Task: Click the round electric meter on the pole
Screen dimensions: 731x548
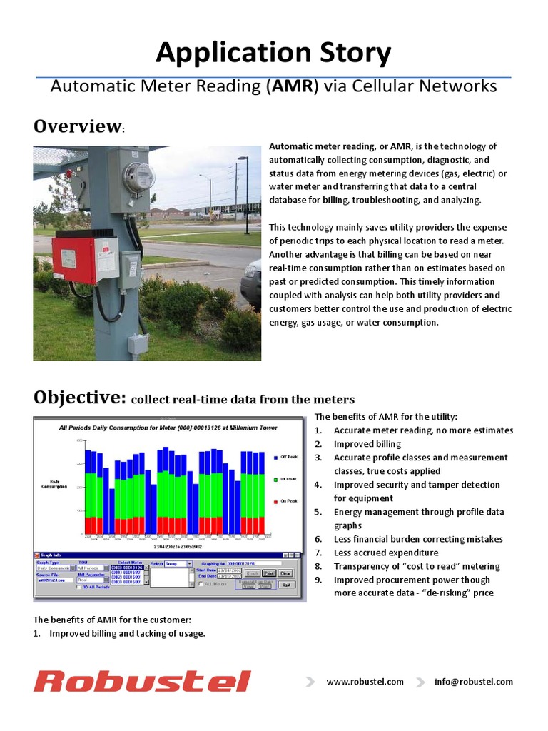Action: tap(138, 178)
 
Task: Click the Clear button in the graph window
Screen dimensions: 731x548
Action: tap(285, 573)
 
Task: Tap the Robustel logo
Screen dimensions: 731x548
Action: tap(142, 681)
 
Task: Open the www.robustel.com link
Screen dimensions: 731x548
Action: tap(365, 682)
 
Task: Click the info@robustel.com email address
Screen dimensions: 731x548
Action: tap(473, 682)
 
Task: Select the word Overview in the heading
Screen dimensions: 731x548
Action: tap(78, 126)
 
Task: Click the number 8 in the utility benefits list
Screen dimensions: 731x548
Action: tap(318, 566)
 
